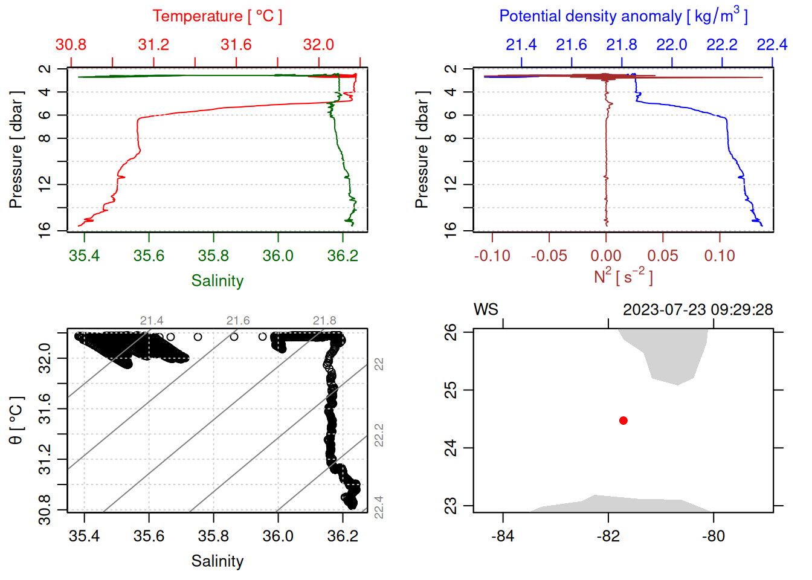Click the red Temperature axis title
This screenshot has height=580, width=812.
coord(217,16)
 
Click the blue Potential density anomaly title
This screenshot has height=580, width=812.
coord(623,16)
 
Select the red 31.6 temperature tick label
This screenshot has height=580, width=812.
coord(236,45)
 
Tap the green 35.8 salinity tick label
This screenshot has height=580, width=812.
coord(213,256)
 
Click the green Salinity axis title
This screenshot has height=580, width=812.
coord(217,281)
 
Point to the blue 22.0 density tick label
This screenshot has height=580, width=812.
coord(672,45)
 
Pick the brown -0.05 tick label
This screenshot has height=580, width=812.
coord(549,256)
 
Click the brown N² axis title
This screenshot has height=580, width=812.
coord(623,277)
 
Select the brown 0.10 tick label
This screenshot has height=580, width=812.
coord(720,256)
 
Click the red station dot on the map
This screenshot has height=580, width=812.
coord(623,420)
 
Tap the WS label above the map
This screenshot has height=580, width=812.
coord(486,310)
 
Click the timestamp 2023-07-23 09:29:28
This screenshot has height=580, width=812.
coord(698,310)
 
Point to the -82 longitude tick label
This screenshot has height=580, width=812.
coord(608,536)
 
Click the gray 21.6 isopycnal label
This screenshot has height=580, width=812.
coord(238,321)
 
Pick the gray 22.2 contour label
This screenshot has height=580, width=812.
coord(379,435)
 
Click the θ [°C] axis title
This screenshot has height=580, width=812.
coord(16,420)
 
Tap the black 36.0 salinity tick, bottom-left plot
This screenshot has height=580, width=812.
coord(278,536)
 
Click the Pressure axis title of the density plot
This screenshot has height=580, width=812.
coord(422,150)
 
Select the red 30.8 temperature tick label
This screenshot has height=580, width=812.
coord(71,45)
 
